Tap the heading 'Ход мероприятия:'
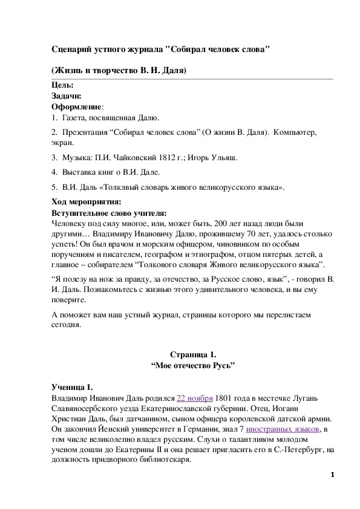click(x=86, y=201)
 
